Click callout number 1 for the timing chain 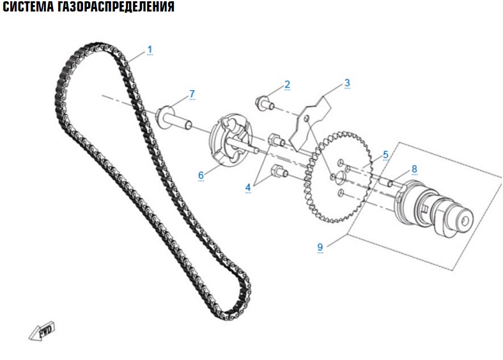(x=150, y=50)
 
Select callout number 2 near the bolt (x=287, y=84)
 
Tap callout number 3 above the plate (x=347, y=83)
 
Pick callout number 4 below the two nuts (x=248, y=188)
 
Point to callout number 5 (x=385, y=155)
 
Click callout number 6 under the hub (x=201, y=175)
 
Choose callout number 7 (x=192, y=94)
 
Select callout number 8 (x=414, y=169)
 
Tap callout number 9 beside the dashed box (x=320, y=247)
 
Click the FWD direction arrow (x=42, y=331)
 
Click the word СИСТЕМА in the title (x=28, y=6)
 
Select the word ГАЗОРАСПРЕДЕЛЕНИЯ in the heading (x=116, y=6)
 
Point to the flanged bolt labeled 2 (x=265, y=103)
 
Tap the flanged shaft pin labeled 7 (x=174, y=119)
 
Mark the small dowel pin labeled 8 (x=386, y=180)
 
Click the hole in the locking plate (x=307, y=120)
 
